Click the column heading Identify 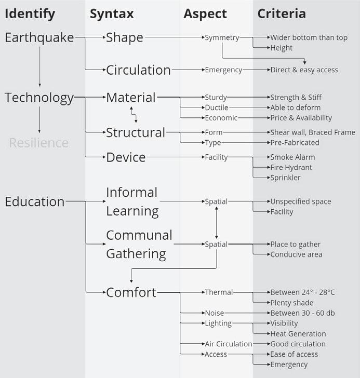30,14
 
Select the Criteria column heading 282,14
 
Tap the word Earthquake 39,38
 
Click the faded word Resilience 39,143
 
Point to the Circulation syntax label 138,70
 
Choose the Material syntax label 131,98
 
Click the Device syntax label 126,157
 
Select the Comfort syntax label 131,293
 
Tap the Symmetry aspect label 222,38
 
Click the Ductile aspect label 216,107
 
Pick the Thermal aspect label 219,292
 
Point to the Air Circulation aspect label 228,344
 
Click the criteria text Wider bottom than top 309,38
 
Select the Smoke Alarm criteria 292,157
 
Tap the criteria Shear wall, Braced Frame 313,132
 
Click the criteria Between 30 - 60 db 302,313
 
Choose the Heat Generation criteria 298,334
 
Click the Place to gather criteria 295,244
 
